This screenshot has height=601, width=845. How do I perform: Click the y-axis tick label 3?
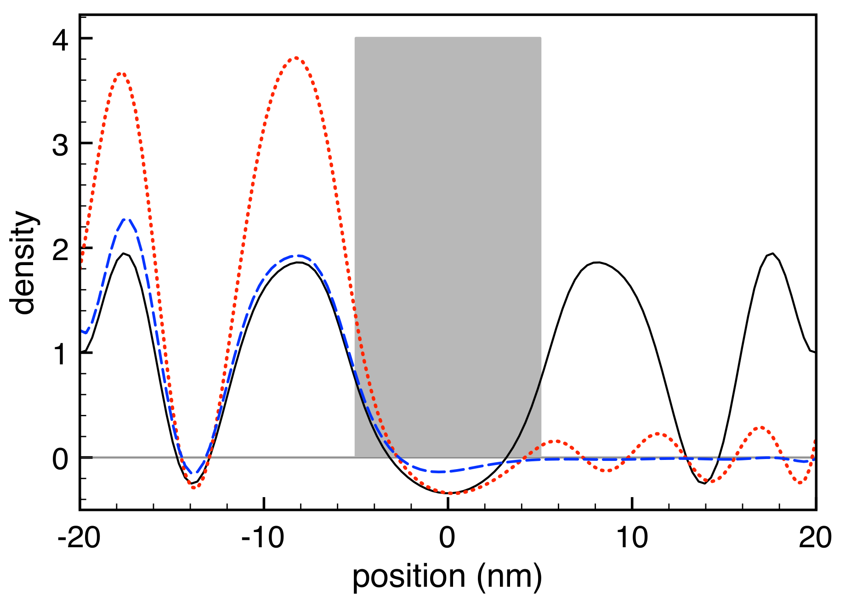61,144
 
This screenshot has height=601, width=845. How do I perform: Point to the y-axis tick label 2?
61,249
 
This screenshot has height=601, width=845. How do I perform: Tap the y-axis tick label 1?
61,354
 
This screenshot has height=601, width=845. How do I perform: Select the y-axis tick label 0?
61,458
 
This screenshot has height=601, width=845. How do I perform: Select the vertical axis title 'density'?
24,263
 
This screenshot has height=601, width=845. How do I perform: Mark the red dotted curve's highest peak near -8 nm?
296,58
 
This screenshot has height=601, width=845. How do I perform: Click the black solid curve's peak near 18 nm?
773,253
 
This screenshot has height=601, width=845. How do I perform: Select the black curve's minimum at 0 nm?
448,493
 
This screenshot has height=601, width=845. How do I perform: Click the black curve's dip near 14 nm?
704,483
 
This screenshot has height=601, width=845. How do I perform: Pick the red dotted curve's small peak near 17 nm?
761,427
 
